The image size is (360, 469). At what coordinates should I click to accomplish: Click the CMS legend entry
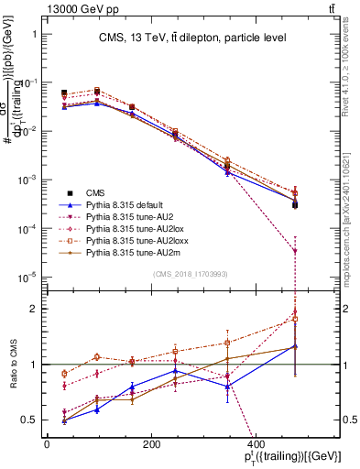point(95,192)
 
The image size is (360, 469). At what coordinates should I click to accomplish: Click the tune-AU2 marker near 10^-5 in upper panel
point(295,251)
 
